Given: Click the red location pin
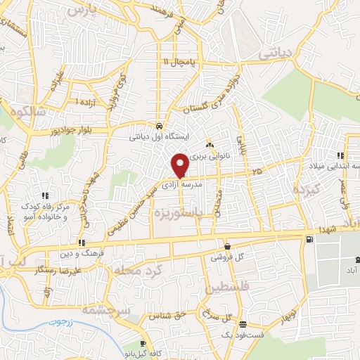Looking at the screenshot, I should point(180,165).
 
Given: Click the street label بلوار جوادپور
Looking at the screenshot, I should point(70,131).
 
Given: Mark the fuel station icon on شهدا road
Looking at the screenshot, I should point(308,240).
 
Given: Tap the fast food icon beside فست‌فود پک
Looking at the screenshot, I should point(243,325).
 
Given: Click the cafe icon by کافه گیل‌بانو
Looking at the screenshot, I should point(143,343).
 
